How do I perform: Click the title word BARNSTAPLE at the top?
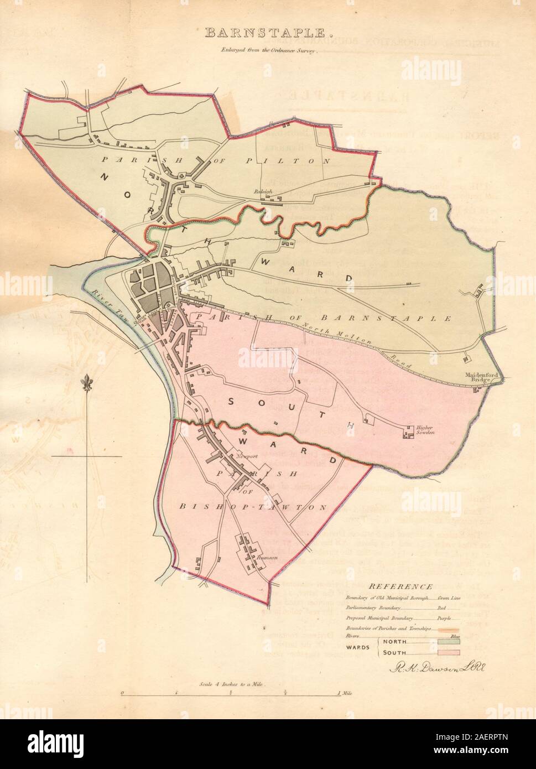(x=269, y=33)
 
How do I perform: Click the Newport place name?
(x=244, y=457)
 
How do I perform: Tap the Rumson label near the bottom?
(x=267, y=558)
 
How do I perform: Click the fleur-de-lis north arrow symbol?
(x=86, y=383)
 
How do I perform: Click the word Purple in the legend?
(x=445, y=618)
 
